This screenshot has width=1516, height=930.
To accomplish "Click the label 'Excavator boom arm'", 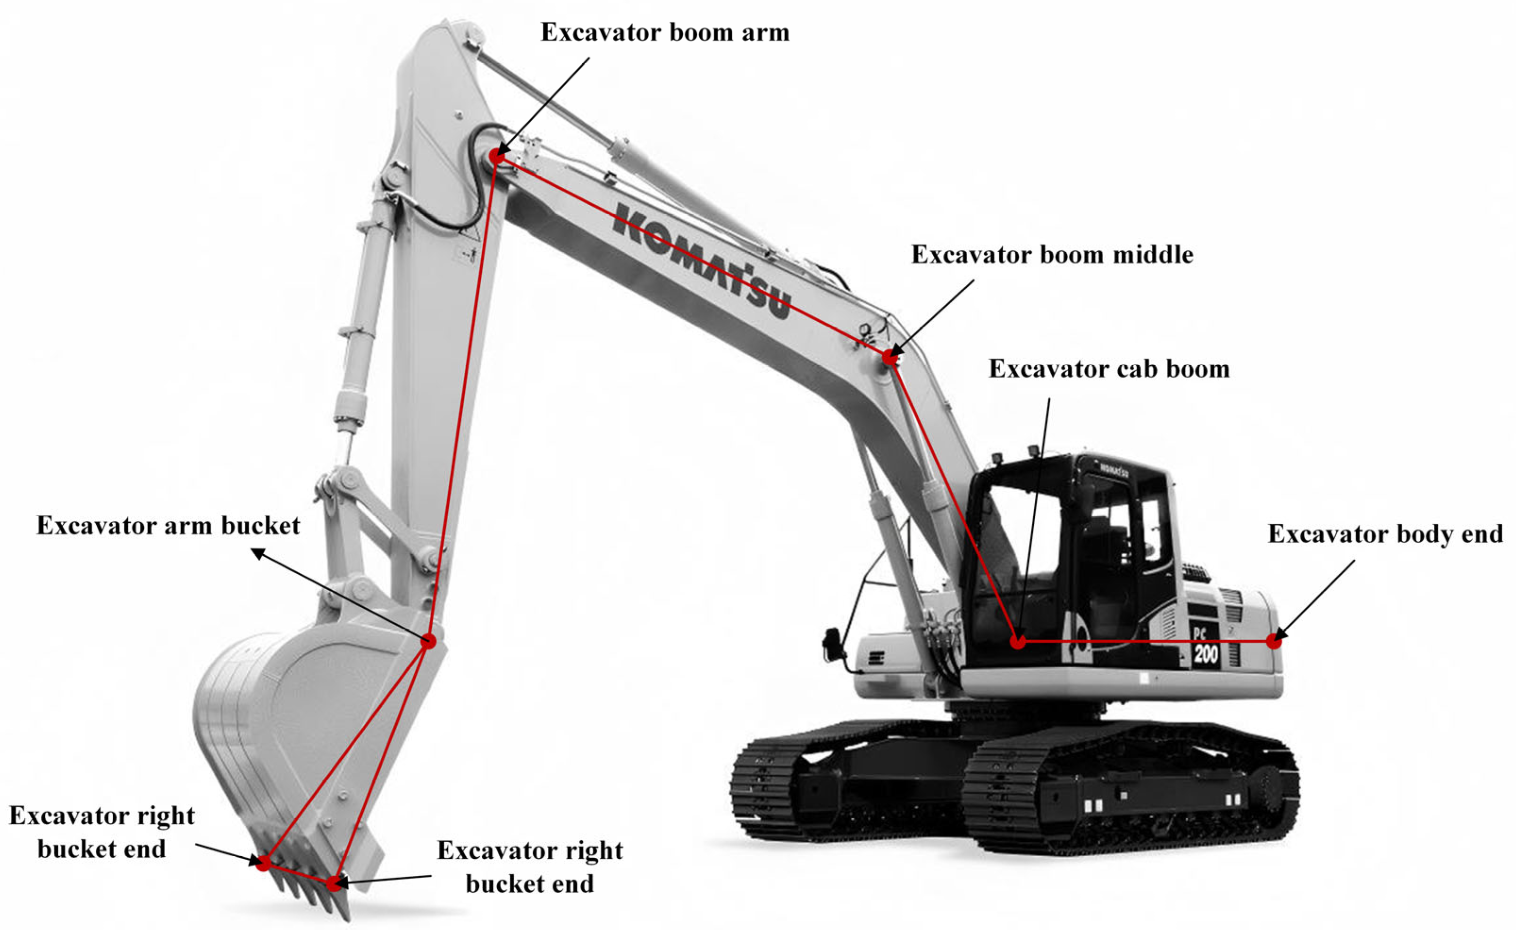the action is (x=664, y=32).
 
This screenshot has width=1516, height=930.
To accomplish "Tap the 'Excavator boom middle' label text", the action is (x=1052, y=254).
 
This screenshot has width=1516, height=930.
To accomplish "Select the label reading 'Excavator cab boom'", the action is (x=1109, y=369).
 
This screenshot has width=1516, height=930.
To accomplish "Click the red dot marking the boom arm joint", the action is (x=497, y=156).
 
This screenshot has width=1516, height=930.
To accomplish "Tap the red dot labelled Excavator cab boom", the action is (x=1018, y=642).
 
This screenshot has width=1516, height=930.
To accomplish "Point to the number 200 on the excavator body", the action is (x=1206, y=653).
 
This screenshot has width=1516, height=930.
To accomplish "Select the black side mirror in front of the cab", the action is (x=832, y=644).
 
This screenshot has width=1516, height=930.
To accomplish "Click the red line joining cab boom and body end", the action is (x=1144, y=642).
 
